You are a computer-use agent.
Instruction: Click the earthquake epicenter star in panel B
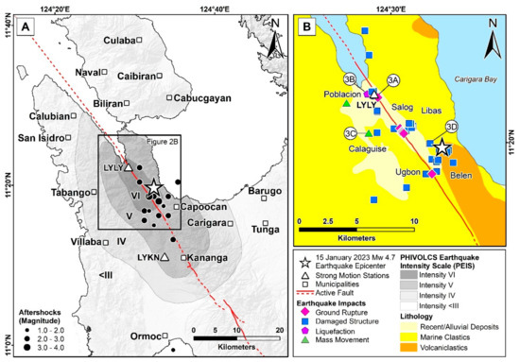click(441, 148)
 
